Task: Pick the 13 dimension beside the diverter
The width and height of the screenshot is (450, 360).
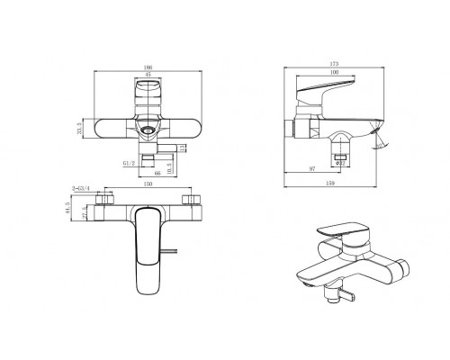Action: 181,147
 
